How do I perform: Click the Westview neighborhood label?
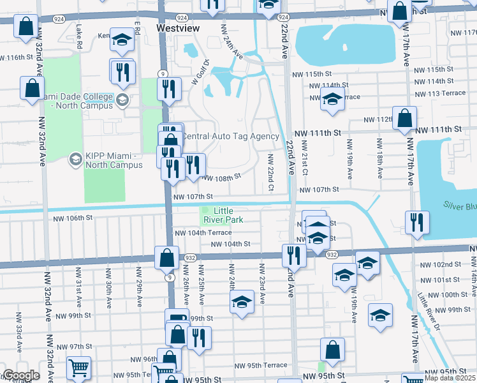(x=178, y=29)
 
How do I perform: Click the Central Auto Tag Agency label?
(x=231, y=137)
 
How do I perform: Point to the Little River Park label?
(x=228, y=215)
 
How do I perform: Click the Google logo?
(x=20, y=375)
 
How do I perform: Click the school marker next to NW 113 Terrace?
(x=332, y=100)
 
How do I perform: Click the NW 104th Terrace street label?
(x=203, y=233)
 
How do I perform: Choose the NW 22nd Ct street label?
(x=270, y=172)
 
